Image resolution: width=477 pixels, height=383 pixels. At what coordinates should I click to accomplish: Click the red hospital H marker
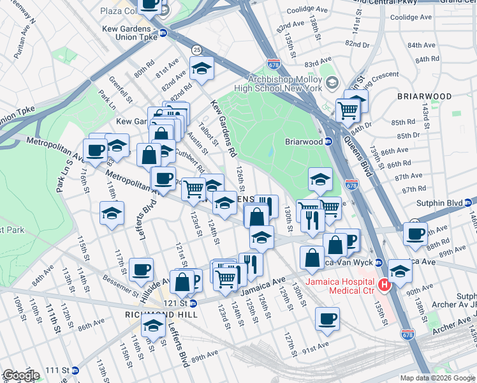point(384,285)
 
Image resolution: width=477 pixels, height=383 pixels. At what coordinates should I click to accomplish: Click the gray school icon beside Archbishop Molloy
point(332,83)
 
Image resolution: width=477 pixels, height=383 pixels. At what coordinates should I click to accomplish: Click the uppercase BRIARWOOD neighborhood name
point(424,96)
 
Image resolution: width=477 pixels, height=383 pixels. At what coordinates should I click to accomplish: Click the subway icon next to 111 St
point(75,370)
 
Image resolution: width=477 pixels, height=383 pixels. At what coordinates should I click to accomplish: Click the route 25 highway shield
point(196,50)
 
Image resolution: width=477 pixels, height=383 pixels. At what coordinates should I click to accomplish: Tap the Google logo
point(21,375)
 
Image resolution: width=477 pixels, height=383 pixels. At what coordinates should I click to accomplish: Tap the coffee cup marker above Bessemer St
point(141,269)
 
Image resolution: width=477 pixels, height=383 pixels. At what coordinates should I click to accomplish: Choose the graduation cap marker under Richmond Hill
point(153,326)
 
